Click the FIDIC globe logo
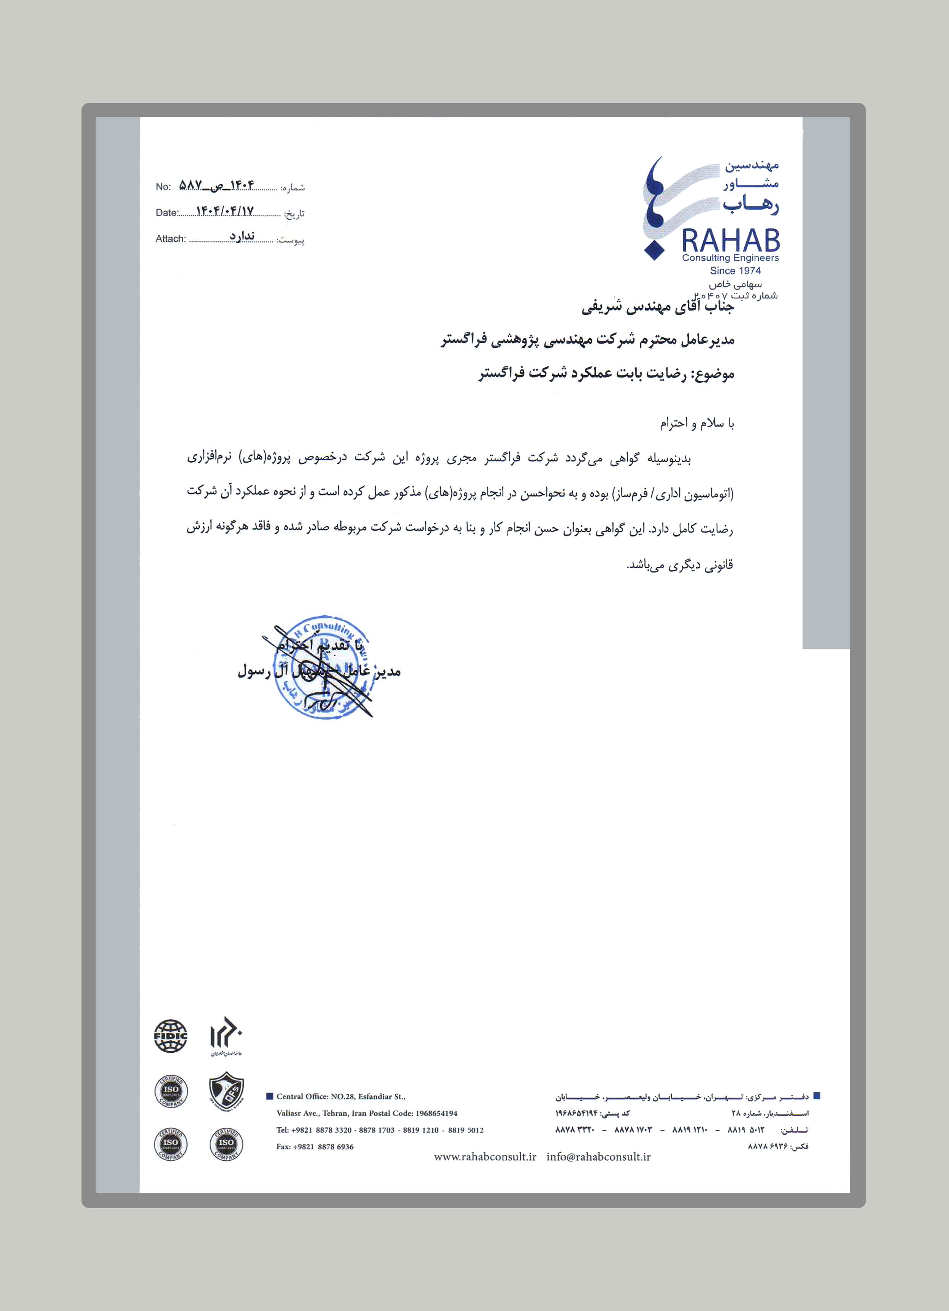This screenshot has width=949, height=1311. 171,1036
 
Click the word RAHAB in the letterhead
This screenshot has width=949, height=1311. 731,240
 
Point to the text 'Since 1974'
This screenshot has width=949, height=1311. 735,271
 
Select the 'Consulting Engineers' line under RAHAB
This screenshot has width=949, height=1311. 731,258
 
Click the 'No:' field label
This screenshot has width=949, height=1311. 163,187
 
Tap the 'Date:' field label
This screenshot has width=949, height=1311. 166,213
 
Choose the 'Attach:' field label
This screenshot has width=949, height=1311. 171,239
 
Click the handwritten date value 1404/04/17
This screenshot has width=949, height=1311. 225,212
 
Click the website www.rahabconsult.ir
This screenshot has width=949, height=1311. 485,1157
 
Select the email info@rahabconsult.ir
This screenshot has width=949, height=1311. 598,1157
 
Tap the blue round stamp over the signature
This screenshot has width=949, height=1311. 321,668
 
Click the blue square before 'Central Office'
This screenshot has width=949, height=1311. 269,1096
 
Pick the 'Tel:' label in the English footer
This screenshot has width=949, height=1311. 282,1130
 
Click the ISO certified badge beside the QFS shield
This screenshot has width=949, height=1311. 171,1090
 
